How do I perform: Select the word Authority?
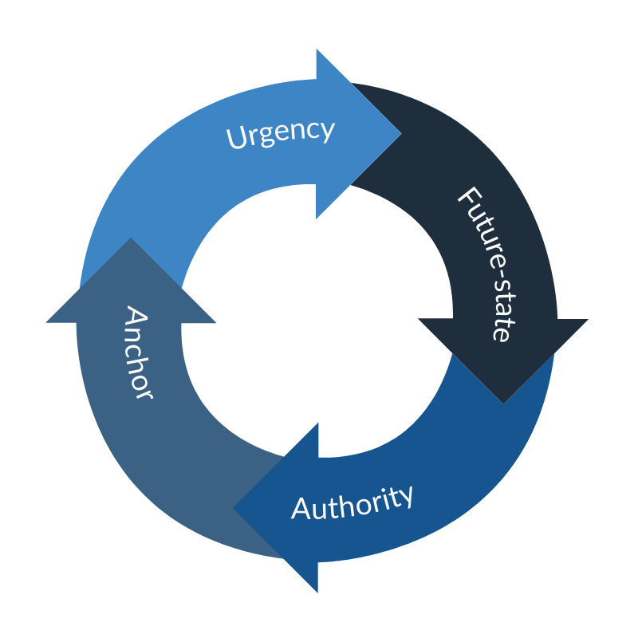coord(352,502)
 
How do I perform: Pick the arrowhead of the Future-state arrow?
coord(503,351)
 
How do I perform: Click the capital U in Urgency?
coord(235,139)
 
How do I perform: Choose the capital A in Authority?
coord(301,509)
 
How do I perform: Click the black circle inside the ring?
coord(317,319)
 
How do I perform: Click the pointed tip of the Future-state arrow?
coord(503,402)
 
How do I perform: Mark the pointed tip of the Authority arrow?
coord(233,507)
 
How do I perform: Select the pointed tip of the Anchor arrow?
coord(131,238)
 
